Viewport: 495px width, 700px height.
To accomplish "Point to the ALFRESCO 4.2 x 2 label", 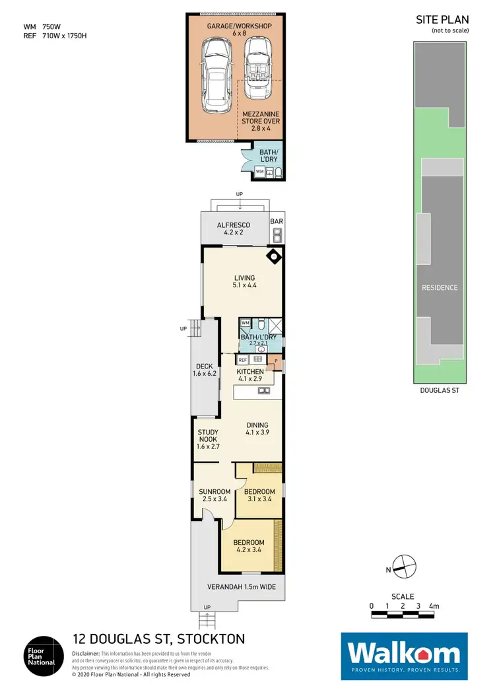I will pyautogui.click(x=234, y=228).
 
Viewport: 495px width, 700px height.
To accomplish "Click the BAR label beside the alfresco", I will pyautogui.click(x=277, y=222).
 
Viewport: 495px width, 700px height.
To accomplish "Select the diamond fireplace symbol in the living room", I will pyautogui.click(x=273, y=256).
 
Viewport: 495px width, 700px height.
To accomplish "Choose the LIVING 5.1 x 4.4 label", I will pyautogui.click(x=244, y=281).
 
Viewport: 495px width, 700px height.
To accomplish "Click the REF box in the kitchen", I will pyautogui.click(x=242, y=360).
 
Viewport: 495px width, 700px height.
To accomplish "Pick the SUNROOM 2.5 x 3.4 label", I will pyautogui.click(x=214, y=495).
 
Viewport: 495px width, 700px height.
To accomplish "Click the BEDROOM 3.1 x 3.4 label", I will pyautogui.click(x=259, y=495).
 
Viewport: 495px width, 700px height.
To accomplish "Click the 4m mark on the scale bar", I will pyautogui.click(x=434, y=606).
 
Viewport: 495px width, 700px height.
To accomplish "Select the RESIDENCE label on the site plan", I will pyautogui.click(x=440, y=288).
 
